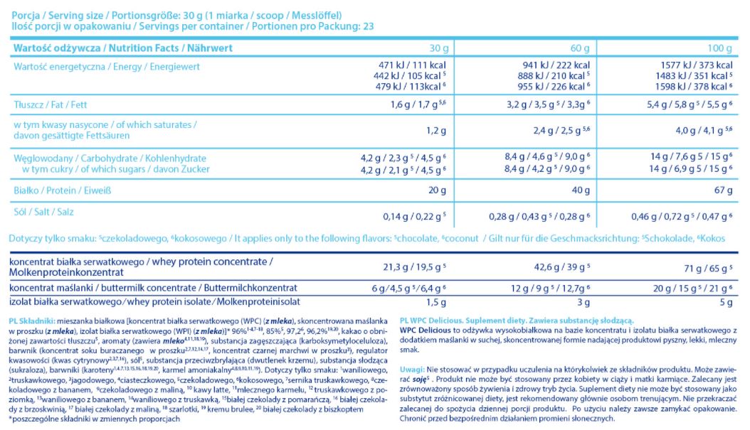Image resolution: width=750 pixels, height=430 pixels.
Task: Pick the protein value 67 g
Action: pyautogui.click(x=722, y=190)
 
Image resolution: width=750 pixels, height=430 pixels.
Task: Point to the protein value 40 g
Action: pyautogui.click(x=580, y=190)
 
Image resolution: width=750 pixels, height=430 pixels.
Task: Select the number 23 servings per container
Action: pyautogui.click(x=368, y=26)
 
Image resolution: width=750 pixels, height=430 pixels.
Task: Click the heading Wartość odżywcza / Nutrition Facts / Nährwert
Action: pyautogui.click(x=120, y=48)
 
